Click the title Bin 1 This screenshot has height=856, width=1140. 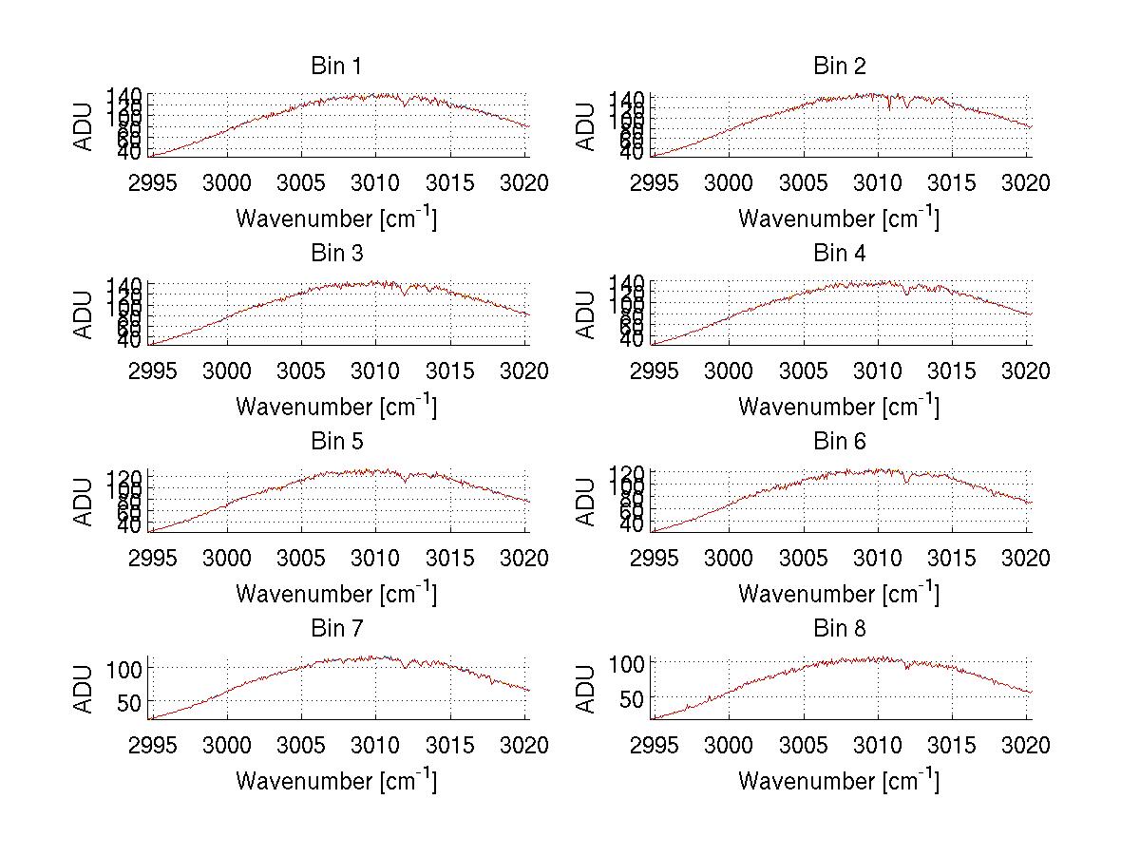click(336, 66)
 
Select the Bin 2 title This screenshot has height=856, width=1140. click(839, 66)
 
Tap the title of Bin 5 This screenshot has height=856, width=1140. click(336, 441)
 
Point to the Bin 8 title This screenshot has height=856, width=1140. click(839, 628)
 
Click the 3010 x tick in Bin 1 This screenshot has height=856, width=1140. click(375, 182)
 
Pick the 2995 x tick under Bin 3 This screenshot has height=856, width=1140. click(152, 371)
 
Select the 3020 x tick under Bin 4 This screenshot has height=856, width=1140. click(1025, 371)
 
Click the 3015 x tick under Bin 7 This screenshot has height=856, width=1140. click(450, 746)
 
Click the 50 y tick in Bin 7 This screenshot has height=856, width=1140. click(129, 701)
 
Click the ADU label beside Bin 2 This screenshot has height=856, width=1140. click(586, 126)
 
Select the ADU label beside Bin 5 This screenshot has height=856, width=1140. click(85, 502)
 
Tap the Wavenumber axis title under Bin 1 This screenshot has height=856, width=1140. click(336, 219)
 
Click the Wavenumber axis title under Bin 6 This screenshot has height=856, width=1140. click(839, 594)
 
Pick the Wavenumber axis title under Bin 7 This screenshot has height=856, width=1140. click(336, 781)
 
